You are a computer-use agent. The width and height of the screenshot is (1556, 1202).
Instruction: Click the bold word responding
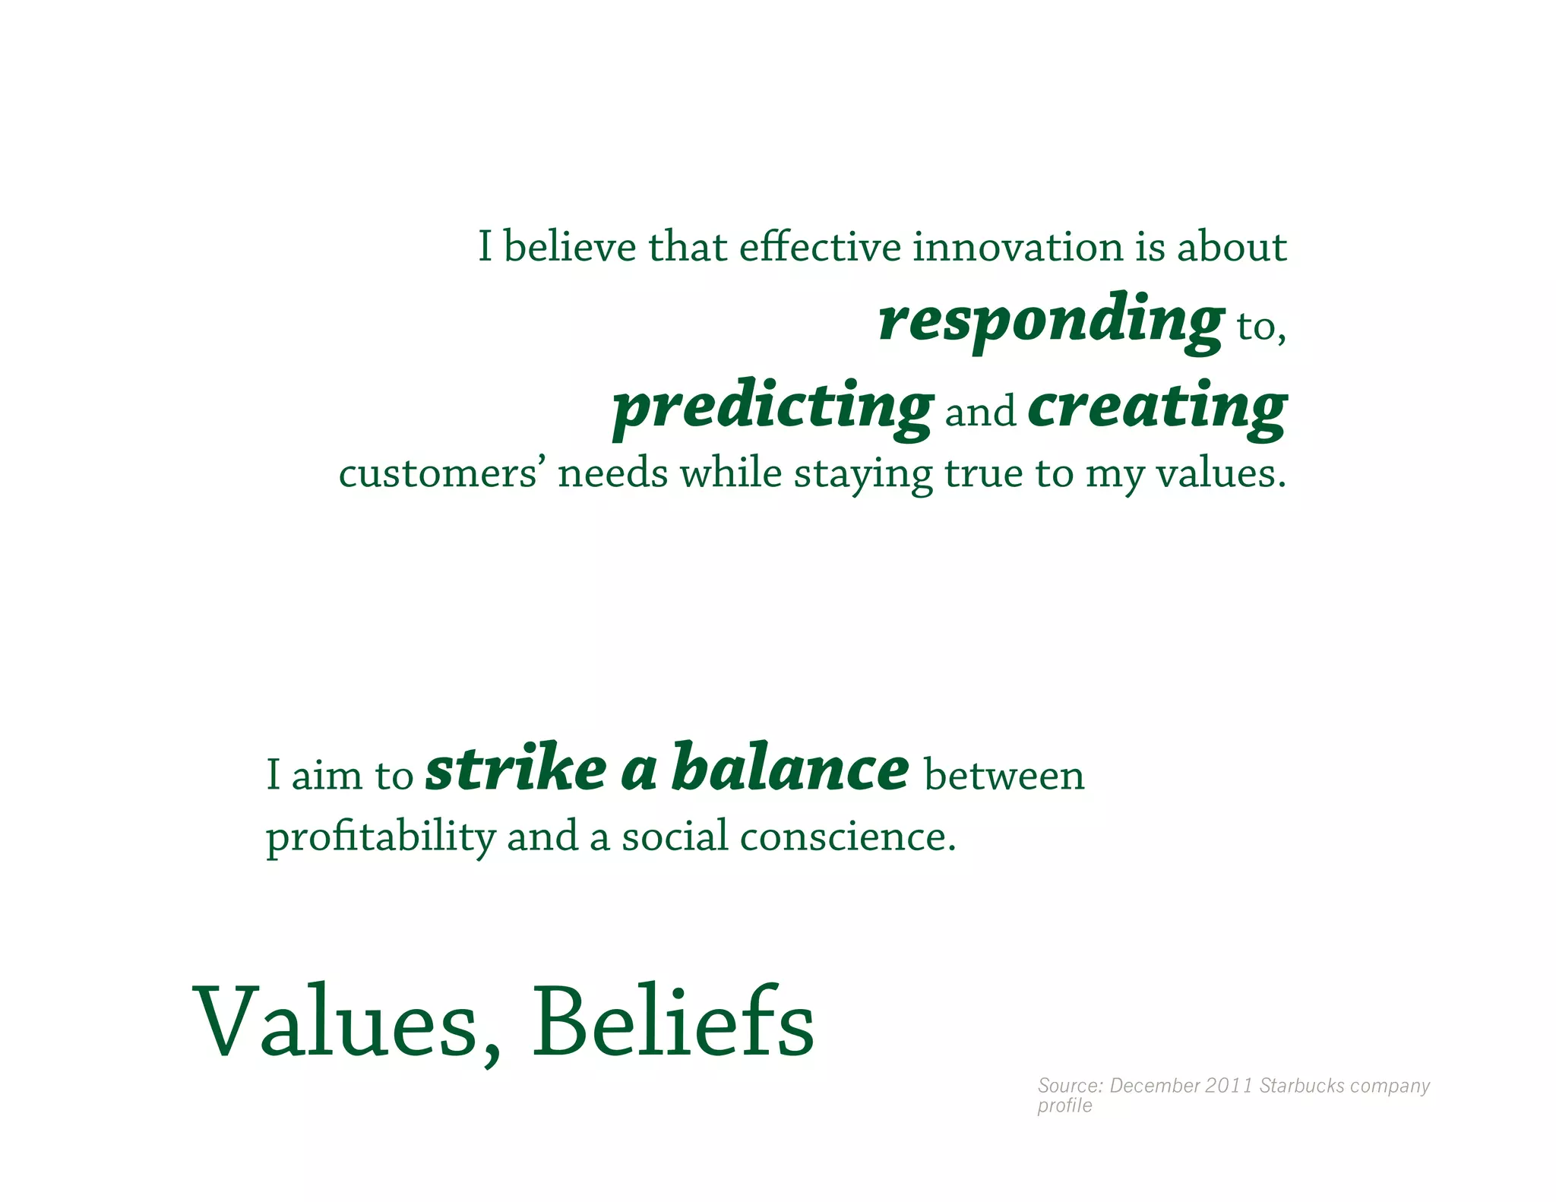[x=1051, y=319]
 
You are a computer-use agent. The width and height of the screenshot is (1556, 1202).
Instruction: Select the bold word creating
[x=1157, y=406]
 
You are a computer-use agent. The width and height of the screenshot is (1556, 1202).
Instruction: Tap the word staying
[x=863, y=475]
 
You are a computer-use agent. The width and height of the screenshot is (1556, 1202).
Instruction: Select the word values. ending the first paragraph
[x=1221, y=473]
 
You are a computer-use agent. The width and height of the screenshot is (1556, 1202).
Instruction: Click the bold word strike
[x=516, y=769]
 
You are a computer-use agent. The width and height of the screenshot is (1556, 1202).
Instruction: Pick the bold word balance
[x=790, y=769]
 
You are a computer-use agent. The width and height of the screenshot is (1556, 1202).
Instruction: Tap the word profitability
[x=380, y=837]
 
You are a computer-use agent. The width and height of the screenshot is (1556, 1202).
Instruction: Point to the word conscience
[x=847, y=837]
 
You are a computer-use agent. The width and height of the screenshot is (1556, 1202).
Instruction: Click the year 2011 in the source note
[x=1229, y=1085]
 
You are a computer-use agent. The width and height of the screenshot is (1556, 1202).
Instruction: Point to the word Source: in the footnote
[x=1070, y=1085]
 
